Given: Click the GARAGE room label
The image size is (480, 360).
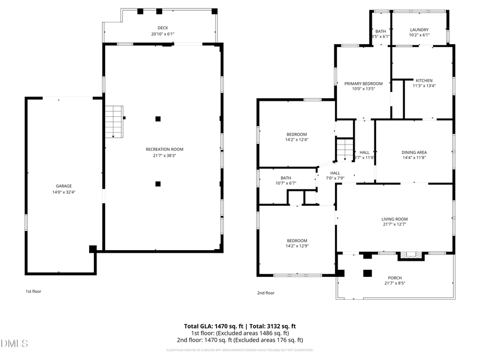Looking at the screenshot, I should (x=63, y=186).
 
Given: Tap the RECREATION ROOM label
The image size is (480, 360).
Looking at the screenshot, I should (x=164, y=149).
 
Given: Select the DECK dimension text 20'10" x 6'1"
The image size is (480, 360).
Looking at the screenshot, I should (x=163, y=34).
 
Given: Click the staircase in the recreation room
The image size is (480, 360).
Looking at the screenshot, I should (x=113, y=121).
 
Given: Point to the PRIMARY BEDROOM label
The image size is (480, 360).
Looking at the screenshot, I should (x=363, y=84).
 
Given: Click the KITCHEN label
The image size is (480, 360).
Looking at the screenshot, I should (x=424, y=81).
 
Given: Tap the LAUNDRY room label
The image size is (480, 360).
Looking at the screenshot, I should (x=419, y=30).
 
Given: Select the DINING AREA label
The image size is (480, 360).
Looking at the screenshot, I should (x=414, y=153).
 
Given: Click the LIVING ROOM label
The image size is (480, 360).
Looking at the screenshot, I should (x=394, y=219).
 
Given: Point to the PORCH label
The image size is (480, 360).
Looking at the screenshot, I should (x=395, y=278).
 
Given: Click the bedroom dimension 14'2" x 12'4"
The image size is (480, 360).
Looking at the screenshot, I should (x=297, y=140).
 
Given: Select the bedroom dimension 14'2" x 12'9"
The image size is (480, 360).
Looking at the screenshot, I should (x=297, y=246).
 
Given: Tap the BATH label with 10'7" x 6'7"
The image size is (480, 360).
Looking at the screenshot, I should (x=286, y=178).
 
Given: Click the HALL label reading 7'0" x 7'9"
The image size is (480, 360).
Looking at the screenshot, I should (x=335, y=173).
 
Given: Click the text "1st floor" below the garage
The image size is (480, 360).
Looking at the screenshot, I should (x=33, y=292).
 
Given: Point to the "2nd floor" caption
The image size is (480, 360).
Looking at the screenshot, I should (x=266, y=293).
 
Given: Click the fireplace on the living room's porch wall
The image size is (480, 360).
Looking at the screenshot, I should (x=410, y=255).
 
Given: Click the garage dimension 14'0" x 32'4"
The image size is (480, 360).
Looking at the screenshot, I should (x=63, y=192).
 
